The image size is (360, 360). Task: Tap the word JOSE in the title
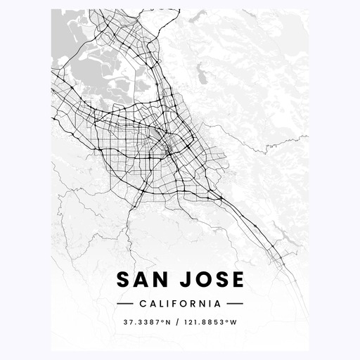point(212,280)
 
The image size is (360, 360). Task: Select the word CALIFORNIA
point(179,304)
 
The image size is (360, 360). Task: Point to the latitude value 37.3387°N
point(145,323)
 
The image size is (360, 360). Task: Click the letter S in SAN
point(123,280)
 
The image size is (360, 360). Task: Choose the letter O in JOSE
point(202,280)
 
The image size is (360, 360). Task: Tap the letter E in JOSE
point(238,280)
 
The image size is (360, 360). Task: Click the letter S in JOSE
point(221,280)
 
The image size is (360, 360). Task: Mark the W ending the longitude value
point(233,323)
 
